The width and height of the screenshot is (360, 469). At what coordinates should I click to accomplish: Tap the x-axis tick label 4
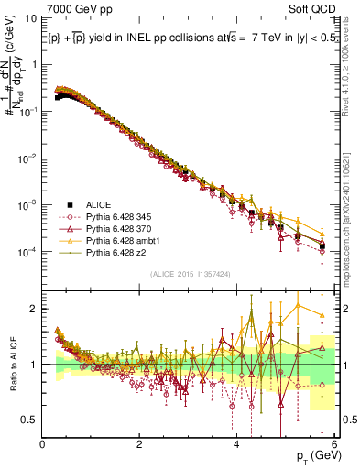(x=236, y=446)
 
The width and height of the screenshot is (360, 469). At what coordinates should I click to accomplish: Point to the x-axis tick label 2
(x=139, y=446)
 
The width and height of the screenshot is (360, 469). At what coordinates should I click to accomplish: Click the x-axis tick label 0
(x=42, y=446)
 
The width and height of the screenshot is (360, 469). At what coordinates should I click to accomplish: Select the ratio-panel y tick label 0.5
(x=30, y=420)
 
